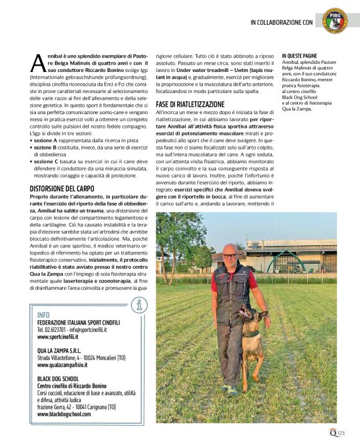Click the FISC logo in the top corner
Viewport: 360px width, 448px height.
point(335,19)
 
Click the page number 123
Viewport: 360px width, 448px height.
point(341,433)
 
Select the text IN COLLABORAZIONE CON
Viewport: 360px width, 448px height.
point(281,23)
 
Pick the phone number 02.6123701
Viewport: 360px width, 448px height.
point(54,329)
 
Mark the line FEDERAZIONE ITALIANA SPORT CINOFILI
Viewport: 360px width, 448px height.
point(79,323)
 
